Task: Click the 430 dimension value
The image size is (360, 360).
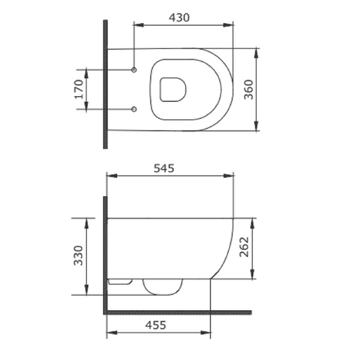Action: point(179,17)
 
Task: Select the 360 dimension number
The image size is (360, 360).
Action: point(248,89)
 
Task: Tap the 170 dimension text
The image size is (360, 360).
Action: point(79,89)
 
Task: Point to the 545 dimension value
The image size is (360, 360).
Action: point(164,168)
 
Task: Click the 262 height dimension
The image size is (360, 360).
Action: point(244,247)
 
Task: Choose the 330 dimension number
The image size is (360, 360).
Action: point(78,256)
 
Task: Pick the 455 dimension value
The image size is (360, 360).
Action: point(155,325)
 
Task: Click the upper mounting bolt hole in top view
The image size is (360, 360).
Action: point(134,70)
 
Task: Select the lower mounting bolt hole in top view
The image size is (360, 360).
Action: point(134,109)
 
